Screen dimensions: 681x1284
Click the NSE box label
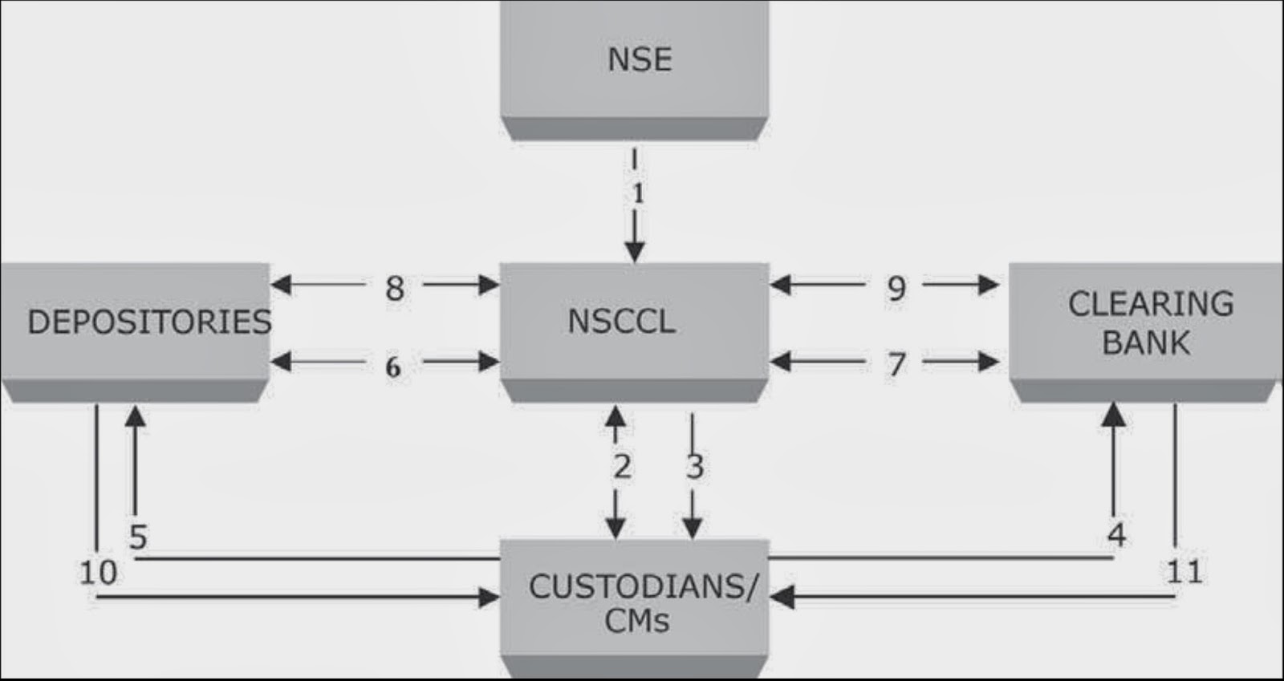click(x=639, y=59)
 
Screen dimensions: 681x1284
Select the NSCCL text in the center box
click(x=621, y=322)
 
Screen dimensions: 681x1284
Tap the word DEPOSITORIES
click(x=149, y=322)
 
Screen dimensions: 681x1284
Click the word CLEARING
click(x=1150, y=304)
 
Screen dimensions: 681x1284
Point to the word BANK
click(x=1146, y=343)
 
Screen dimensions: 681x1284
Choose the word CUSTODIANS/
click(x=642, y=587)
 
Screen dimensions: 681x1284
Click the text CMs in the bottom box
click(x=636, y=621)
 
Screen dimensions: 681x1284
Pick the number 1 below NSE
click(x=638, y=193)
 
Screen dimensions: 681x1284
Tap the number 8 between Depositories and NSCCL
click(x=394, y=288)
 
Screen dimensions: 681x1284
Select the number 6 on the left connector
click(x=392, y=367)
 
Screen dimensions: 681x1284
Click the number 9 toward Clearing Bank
click(x=896, y=288)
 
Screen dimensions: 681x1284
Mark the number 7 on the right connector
click(x=896, y=365)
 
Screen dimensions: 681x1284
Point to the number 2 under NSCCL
click(x=622, y=466)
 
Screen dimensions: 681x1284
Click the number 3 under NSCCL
click(x=695, y=466)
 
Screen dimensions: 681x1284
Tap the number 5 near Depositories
click(x=138, y=537)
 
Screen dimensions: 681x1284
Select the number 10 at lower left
click(x=98, y=573)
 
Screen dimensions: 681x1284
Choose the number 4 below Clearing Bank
click(x=1116, y=534)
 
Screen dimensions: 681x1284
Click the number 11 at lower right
click(x=1184, y=572)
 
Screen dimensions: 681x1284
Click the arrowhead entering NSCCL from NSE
click(x=635, y=253)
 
